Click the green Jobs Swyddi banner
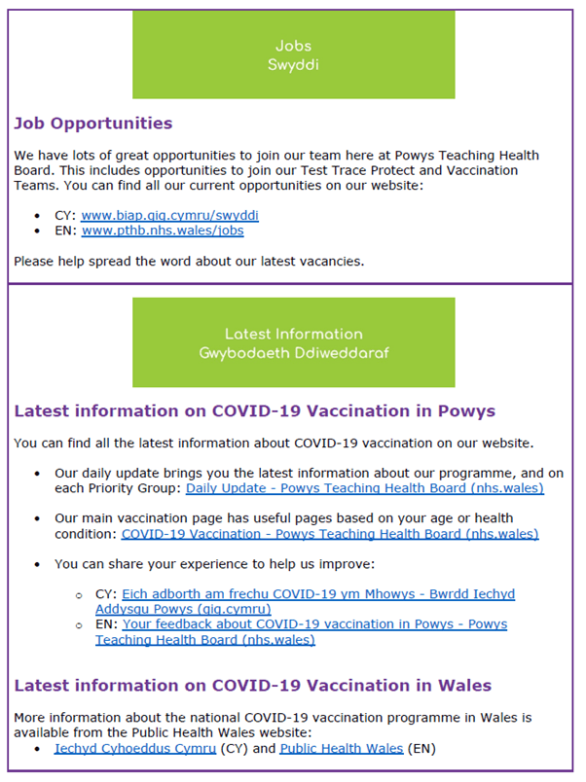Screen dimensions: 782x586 (293, 54)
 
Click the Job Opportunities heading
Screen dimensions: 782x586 (93, 124)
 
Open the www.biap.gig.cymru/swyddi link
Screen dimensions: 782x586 (169, 215)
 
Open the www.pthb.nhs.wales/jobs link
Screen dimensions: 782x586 (163, 231)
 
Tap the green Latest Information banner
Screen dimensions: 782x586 (293, 342)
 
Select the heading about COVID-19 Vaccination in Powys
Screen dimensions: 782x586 (254, 410)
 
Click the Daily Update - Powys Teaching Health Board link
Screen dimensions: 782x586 (365, 488)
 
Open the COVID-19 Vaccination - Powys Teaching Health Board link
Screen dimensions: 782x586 (330, 533)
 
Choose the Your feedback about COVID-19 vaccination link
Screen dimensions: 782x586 (314, 623)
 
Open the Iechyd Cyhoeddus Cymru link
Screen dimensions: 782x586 (135, 748)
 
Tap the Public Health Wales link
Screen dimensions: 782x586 (341, 748)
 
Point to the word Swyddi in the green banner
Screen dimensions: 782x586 (293, 64)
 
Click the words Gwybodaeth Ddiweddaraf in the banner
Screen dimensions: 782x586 (293, 353)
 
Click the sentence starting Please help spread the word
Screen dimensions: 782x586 (189, 261)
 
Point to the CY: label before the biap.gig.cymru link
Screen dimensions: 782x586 (65, 215)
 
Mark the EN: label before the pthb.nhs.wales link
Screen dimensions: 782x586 (65, 231)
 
